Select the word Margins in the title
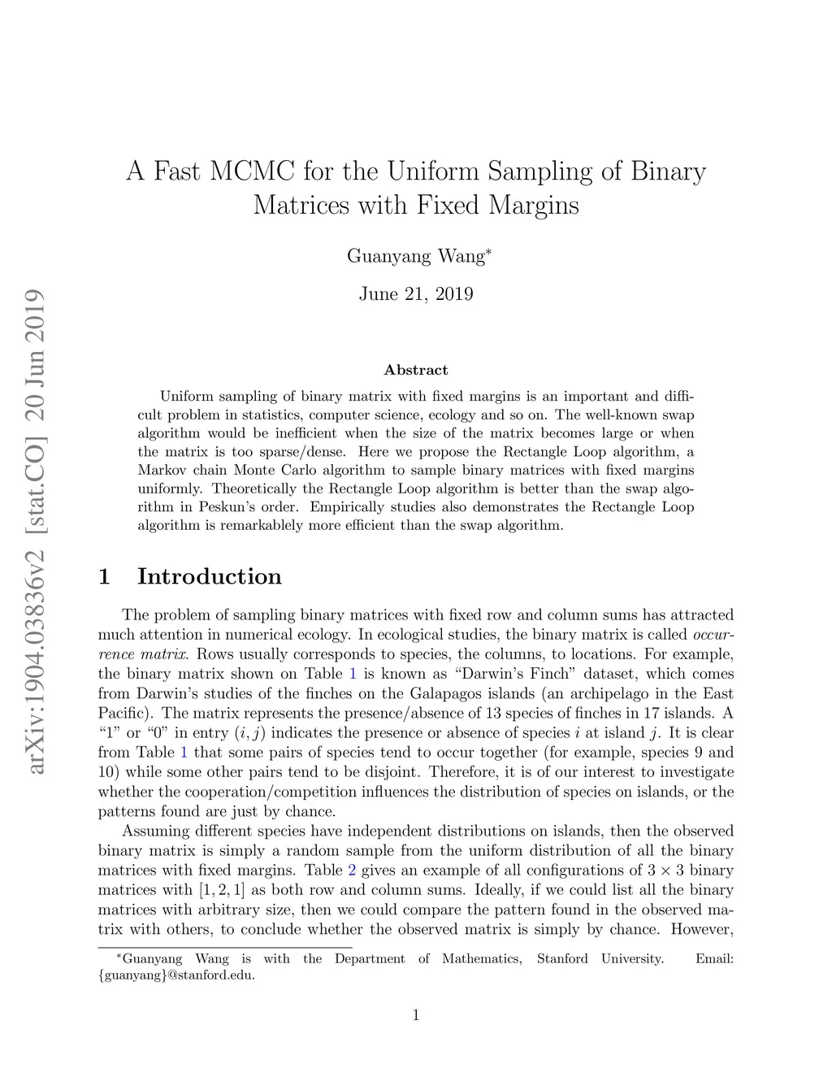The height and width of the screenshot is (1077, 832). [x=534, y=205]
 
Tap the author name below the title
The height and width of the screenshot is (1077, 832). [x=416, y=256]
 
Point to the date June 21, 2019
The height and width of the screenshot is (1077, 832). [x=416, y=294]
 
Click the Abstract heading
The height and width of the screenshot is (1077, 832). [x=416, y=370]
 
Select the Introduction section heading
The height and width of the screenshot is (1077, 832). [x=209, y=576]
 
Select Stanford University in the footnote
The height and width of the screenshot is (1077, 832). [x=600, y=959]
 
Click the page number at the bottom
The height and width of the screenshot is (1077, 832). [x=416, y=1014]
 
